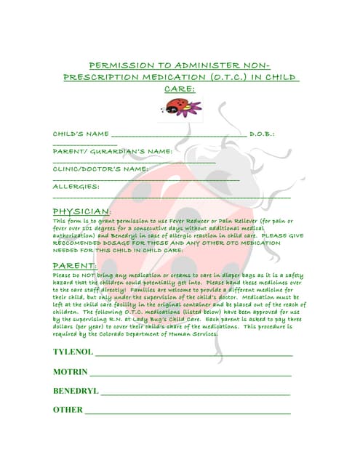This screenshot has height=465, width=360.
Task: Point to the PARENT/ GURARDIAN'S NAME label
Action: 113,151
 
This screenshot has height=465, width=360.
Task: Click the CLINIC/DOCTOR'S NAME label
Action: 100,169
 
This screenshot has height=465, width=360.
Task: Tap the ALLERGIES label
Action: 76,186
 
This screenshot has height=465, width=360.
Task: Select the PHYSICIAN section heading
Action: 82,211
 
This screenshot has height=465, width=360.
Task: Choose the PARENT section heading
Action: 75,266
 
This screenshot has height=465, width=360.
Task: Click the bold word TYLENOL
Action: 73,352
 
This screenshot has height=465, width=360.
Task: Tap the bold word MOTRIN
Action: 70,372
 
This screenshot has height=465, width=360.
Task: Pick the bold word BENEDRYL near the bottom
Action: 76,391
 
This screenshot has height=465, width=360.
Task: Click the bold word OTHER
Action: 68,410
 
